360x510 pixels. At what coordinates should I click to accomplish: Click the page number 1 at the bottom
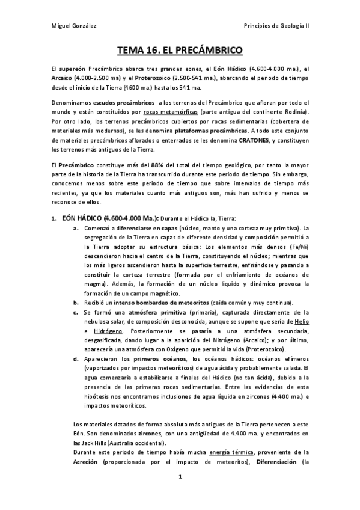[x=180, y=494]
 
